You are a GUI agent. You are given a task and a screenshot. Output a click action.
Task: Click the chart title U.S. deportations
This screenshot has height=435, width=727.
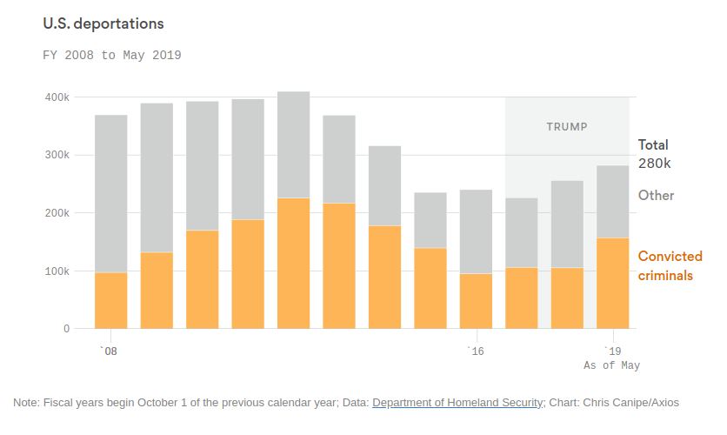coord(103,23)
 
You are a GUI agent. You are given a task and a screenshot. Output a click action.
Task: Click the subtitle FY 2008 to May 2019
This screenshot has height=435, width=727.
coord(111,55)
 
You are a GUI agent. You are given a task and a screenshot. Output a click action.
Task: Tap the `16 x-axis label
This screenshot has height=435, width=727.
coord(475,351)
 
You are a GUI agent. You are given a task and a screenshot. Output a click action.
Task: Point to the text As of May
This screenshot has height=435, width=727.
coord(611,365)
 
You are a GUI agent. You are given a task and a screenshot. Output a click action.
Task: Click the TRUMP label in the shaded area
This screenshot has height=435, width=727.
coord(567,127)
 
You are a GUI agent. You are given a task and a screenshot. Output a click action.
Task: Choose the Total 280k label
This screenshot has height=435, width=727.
coord(654,154)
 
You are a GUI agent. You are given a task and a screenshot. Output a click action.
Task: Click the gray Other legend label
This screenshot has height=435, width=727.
coord(656,195)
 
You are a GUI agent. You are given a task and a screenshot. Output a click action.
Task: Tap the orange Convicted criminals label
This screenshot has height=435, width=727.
coord(670,265)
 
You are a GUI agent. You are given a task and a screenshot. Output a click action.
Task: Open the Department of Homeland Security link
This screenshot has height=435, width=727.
coord(457,403)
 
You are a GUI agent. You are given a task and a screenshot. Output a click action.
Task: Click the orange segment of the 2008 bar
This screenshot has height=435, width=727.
coord(111,300)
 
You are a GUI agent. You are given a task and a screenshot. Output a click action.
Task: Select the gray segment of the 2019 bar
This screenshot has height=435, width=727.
coord(612,201)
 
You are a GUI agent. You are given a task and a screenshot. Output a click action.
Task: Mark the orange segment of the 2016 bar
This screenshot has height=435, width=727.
coord(476,301)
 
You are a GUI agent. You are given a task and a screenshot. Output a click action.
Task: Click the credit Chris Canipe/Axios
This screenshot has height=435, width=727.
coord(631,403)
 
